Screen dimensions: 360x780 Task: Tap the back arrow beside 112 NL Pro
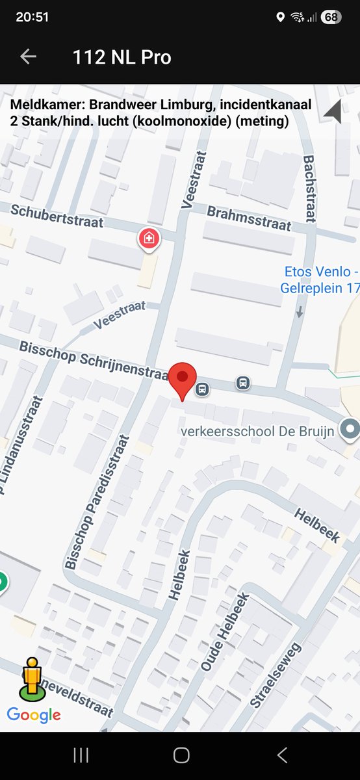[x=28, y=57]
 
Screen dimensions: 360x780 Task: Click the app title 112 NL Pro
[x=122, y=57]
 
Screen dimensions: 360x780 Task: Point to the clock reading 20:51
[x=32, y=17]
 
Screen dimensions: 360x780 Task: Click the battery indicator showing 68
[x=331, y=17]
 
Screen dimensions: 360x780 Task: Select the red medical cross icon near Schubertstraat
[x=149, y=239]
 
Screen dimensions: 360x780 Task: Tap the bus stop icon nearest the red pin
[x=202, y=389]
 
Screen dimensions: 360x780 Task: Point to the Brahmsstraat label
[x=248, y=218]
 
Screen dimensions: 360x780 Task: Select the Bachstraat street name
[x=309, y=188]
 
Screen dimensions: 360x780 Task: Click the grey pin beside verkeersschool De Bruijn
[x=351, y=429]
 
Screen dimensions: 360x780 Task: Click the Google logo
[x=34, y=716]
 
